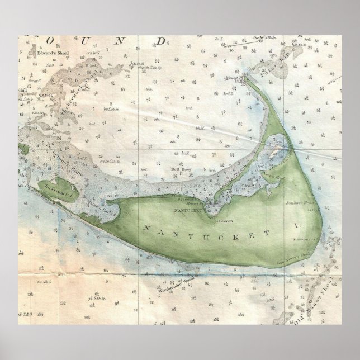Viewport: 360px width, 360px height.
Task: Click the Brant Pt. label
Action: [202, 200]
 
